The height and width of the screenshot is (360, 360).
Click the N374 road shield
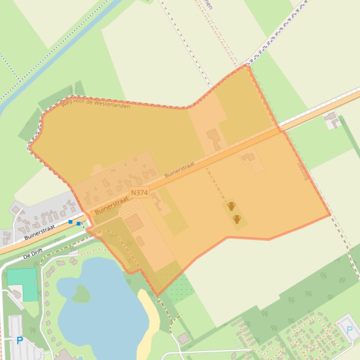[x=139, y=192]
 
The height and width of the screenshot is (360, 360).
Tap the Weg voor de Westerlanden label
[x=95, y=103]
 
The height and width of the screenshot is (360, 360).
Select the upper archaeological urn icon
[x=231, y=206]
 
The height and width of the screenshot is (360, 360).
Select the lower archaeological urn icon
[x=237, y=219]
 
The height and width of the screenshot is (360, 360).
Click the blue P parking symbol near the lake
[x=20, y=341]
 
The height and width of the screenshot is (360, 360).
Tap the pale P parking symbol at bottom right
[x=349, y=330]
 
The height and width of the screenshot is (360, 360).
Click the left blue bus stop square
[x=71, y=222]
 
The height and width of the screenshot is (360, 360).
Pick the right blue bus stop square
[x=79, y=224]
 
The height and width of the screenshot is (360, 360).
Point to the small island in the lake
[x=80, y=294]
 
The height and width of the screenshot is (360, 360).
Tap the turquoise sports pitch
[x=22, y=283]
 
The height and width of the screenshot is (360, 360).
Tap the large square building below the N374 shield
[x=134, y=223]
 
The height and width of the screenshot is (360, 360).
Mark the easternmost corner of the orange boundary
[x=331, y=215]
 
